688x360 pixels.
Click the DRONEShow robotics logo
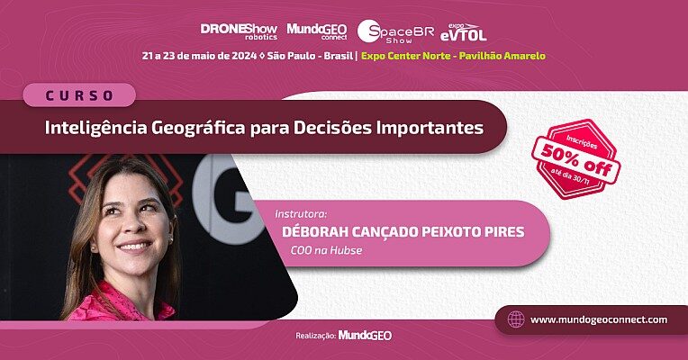pyautogui.click(x=239, y=31)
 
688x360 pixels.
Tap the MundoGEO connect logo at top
pyautogui.click(x=317, y=31)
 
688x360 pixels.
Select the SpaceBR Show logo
pyautogui.click(x=395, y=31)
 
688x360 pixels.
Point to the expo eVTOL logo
pyautogui.click(x=464, y=32)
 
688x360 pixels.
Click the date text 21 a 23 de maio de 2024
pyautogui.click(x=199, y=56)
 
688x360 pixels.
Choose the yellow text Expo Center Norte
pyautogui.click(x=406, y=56)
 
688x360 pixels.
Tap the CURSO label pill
pyautogui.click(x=79, y=95)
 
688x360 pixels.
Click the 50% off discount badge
pyautogui.click(x=575, y=159)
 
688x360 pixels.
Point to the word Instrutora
pyautogui.click(x=301, y=214)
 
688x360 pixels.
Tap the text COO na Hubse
pyautogui.click(x=327, y=250)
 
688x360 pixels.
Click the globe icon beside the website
pyautogui.click(x=516, y=319)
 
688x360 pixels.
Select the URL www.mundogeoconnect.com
pyautogui.click(x=599, y=319)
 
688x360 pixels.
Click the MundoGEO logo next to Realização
pyautogui.click(x=365, y=336)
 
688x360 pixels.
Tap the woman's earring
pyautogui.click(x=170, y=240)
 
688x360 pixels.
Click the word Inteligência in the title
pyautogui.click(x=95, y=128)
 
